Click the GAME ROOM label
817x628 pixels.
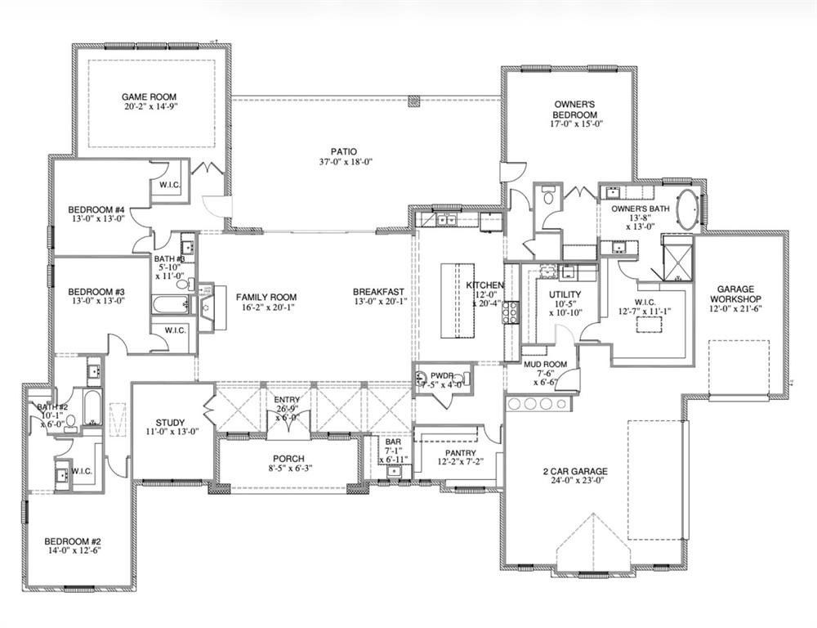[150, 96]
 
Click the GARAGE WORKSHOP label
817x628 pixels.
[741, 294]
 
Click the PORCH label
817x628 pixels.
[288, 458]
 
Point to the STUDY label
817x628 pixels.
[170, 423]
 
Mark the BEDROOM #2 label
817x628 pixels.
[72, 542]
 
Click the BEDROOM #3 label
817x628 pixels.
[96, 292]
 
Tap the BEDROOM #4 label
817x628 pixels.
[96, 209]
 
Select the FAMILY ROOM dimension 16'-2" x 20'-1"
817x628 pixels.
[266, 307]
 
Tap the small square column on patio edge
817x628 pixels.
[413, 102]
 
